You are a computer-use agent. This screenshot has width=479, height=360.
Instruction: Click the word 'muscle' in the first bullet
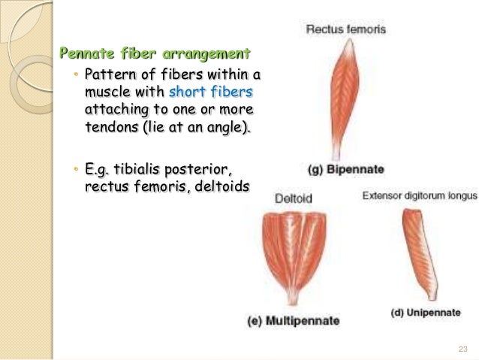(106, 92)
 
